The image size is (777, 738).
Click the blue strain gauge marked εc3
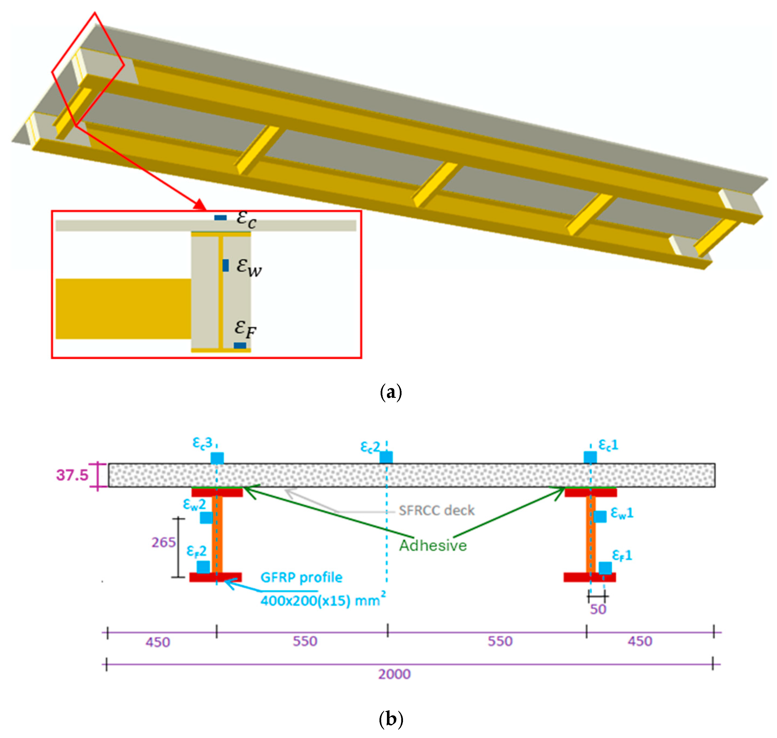[x=217, y=458]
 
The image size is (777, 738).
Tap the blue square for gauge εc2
[x=386, y=457]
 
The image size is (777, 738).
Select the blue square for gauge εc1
[x=590, y=457]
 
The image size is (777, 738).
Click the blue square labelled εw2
[x=206, y=517]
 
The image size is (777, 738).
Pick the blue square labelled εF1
[x=605, y=568]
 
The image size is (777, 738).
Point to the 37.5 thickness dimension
[x=72, y=475]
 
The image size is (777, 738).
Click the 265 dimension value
[x=164, y=543]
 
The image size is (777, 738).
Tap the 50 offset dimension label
[x=598, y=609]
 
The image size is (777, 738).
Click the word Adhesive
[x=433, y=546]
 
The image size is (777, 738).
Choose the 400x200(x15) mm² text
[x=323, y=600]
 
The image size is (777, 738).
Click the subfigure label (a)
[x=391, y=392]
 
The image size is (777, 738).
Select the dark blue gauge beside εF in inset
[x=240, y=345]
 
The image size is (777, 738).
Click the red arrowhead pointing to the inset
[x=200, y=205]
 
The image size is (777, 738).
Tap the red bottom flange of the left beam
[x=216, y=577]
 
